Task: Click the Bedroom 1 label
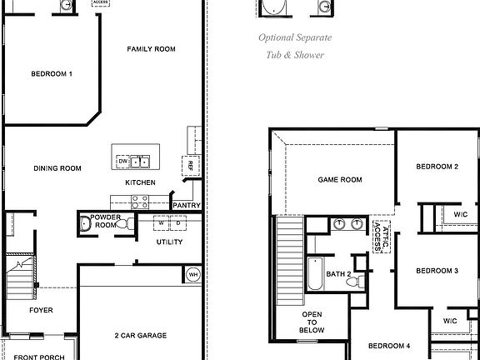point(52,74)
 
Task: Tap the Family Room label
point(151,49)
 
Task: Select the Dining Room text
point(57,168)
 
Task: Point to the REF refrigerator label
point(191,165)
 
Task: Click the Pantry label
point(184,204)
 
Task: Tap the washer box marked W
point(159,223)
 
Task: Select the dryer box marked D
point(177,223)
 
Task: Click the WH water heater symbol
point(192,274)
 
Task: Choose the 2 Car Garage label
point(141,336)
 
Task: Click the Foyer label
point(41,310)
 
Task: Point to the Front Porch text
point(38,357)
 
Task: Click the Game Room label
point(340,179)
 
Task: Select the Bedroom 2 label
point(437,167)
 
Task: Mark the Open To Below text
point(312,322)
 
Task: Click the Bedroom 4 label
point(389,346)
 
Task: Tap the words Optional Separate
point(295,38)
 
